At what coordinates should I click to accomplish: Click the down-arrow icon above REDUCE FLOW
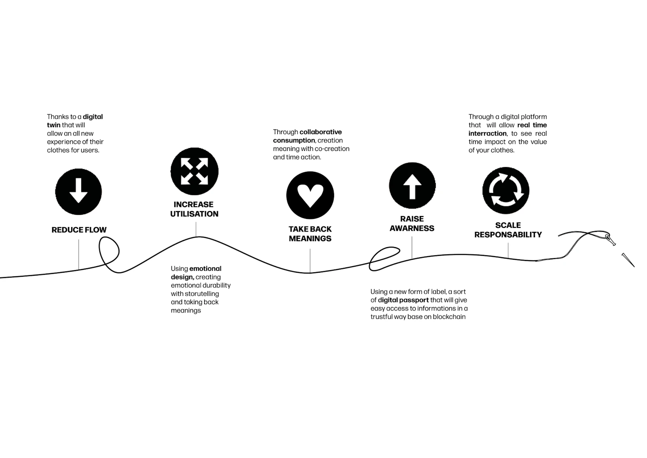click(78, 192)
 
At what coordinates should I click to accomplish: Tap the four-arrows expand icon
click(195, 171)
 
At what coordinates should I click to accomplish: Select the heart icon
click(310, 195)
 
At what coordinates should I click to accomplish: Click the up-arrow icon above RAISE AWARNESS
click(412, 186)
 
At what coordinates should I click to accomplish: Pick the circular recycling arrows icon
click(506, 191)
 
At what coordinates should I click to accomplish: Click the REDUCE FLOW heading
click(79, 230)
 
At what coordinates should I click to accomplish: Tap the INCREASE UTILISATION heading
click(194, 209)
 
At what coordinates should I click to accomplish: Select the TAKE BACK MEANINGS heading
click(310, 234)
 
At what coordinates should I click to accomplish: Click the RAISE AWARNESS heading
click(412, 223)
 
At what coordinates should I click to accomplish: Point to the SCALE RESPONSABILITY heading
click(508, 230)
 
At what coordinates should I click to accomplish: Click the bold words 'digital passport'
click(403, 300)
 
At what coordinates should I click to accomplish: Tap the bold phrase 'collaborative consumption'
click(307, 136)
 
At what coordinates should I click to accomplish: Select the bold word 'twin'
click(53, 125)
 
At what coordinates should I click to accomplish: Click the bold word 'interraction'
click(488, 134)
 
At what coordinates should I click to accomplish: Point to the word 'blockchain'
click(449, 317)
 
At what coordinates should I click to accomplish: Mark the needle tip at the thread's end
click(634, 267)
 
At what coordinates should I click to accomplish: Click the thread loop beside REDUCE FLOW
click(109, 254)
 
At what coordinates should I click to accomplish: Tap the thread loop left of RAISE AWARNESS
click(384, 258)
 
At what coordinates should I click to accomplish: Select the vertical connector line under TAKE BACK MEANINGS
click(310, 261)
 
